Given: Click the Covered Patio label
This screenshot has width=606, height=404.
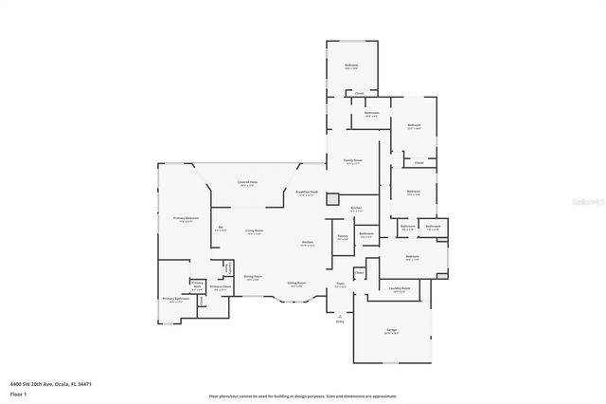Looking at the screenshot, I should point(248,182).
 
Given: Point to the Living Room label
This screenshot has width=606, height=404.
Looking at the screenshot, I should point(255,230).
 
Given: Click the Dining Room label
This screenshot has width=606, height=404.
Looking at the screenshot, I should point(253,277).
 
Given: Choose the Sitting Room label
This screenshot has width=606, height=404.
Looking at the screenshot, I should point(295,283).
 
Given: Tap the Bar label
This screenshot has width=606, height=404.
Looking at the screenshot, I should point(221,228).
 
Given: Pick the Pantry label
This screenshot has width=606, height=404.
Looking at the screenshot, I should point(343,236).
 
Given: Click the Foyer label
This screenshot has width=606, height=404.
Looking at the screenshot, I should point(340,283).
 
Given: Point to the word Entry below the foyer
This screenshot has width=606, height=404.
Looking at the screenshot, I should point(340,321).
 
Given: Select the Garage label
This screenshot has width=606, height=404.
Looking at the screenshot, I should point(391,330).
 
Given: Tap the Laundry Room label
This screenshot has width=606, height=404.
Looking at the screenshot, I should point(400,289).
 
